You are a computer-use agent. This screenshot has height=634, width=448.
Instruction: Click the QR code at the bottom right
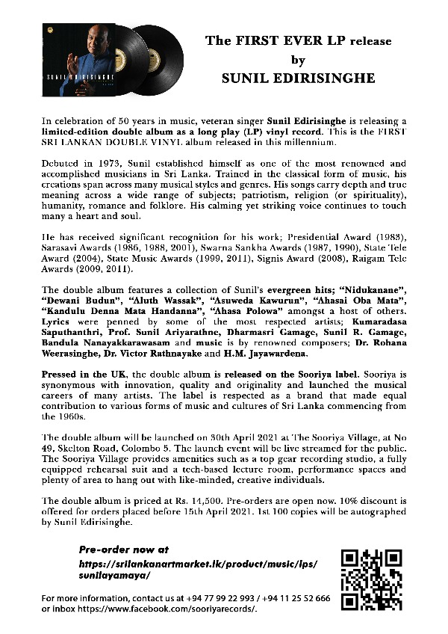tap(371, 580)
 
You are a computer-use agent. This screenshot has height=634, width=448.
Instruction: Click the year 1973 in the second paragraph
tap(101, 162)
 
